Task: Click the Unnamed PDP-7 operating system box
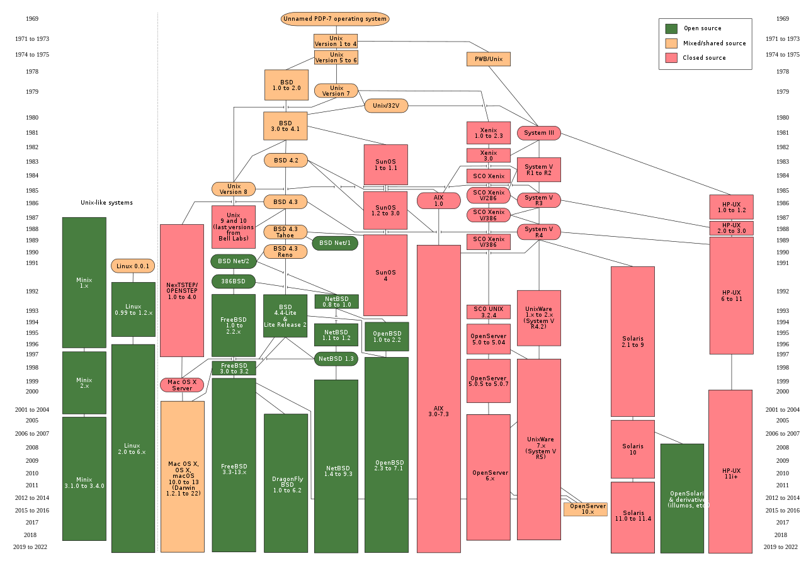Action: pyautogui.click(x=334, y=19)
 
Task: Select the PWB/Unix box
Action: pyautogui.click(x=488, y=59)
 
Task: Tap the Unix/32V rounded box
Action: pyautogui.click(x=386, y=106)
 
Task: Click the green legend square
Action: pyautogui.click(x=671, y=28)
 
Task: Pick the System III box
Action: pyautogui.click(x=538, y=133)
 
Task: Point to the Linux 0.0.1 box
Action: pyautogui.click(x=133, y=266)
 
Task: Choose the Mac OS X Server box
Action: pyautogui.click(x=182, y=385)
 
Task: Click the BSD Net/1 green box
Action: pyautogui.click(x=335, y=243)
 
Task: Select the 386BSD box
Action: pyautogui.click(x=234, y=281)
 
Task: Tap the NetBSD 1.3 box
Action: pyautogui.click(x=336, y=359)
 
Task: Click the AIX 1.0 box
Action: pyautogui.click(x=438, y=200)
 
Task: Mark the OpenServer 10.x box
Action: pyautogui.click(x=585, y=509)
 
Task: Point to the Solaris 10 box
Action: pyautogui.click(x=632, y=449)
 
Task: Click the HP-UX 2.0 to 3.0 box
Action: pyautogui.click(x=731, y=228)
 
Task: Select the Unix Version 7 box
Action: pyautogui.click(x=336, y=91)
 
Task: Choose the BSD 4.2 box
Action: pyautogui.click(x=285, y=160)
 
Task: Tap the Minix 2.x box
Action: pyautogui.click(x=84, y=382)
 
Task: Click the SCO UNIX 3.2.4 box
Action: pyautogui.click(x=488, y=312)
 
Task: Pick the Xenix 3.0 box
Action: pyautogui.click(x=488, y=156)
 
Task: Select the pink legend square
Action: pyautogui.click(x=671, y=58)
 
